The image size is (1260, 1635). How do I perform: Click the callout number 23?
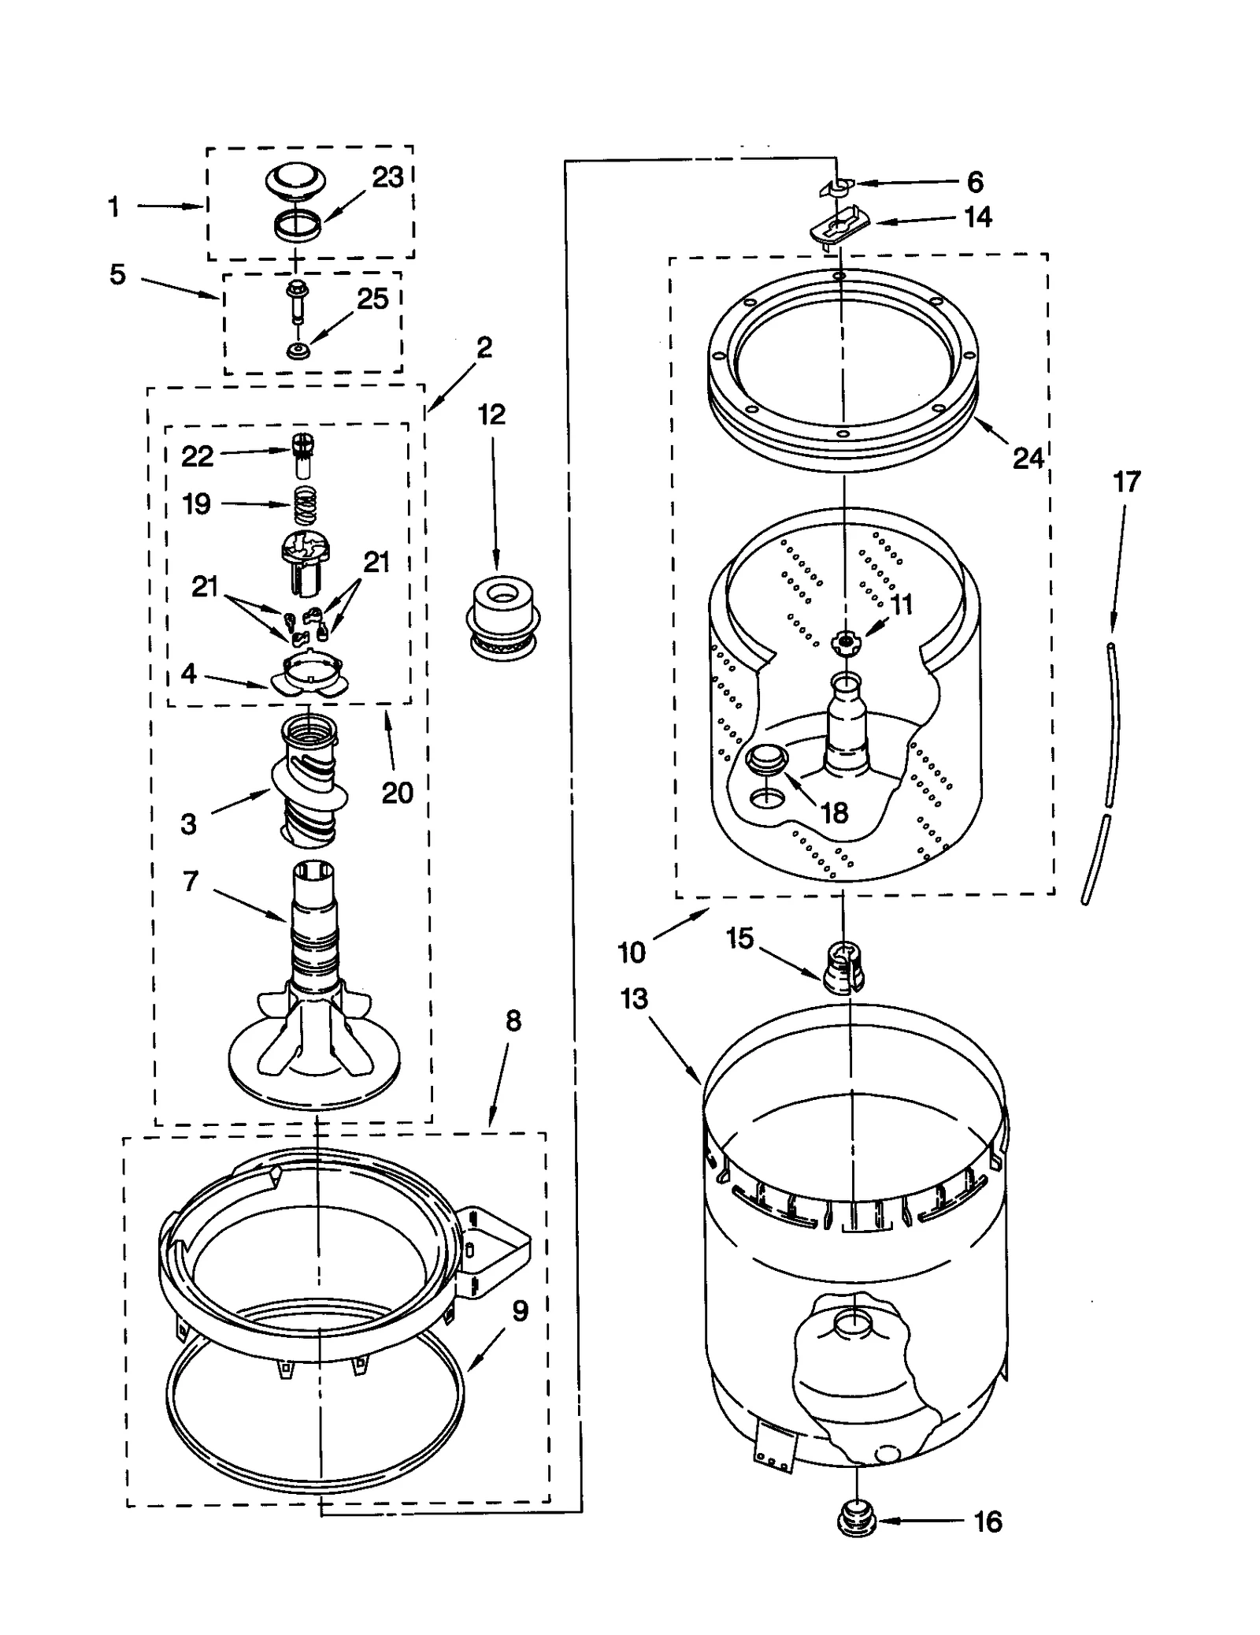387,178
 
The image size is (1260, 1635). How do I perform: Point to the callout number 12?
491,415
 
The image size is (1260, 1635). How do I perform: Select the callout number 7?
190,882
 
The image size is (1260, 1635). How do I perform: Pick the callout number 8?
513,1021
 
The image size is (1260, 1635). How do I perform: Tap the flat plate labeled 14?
839,228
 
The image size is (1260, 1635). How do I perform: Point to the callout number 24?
1027,458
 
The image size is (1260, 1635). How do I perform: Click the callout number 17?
1126,481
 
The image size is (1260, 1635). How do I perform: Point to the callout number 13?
633,999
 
